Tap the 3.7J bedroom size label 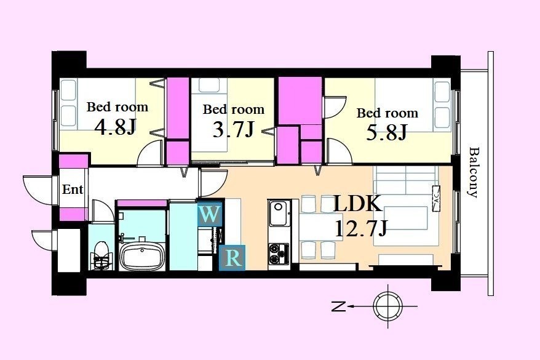click(234, 129)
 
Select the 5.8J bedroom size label click(387, 133)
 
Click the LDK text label click(358, 204)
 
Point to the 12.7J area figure click(361, 229)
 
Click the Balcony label click(474, 172)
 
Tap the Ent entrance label click(73, 189)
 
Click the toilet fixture click(101, 255)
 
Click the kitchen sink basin click(278, 214)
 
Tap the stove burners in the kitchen click(279, 254)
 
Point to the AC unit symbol click(435, 198)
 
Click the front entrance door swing click(38, 190)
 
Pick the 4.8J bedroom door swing click(150, 153)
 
